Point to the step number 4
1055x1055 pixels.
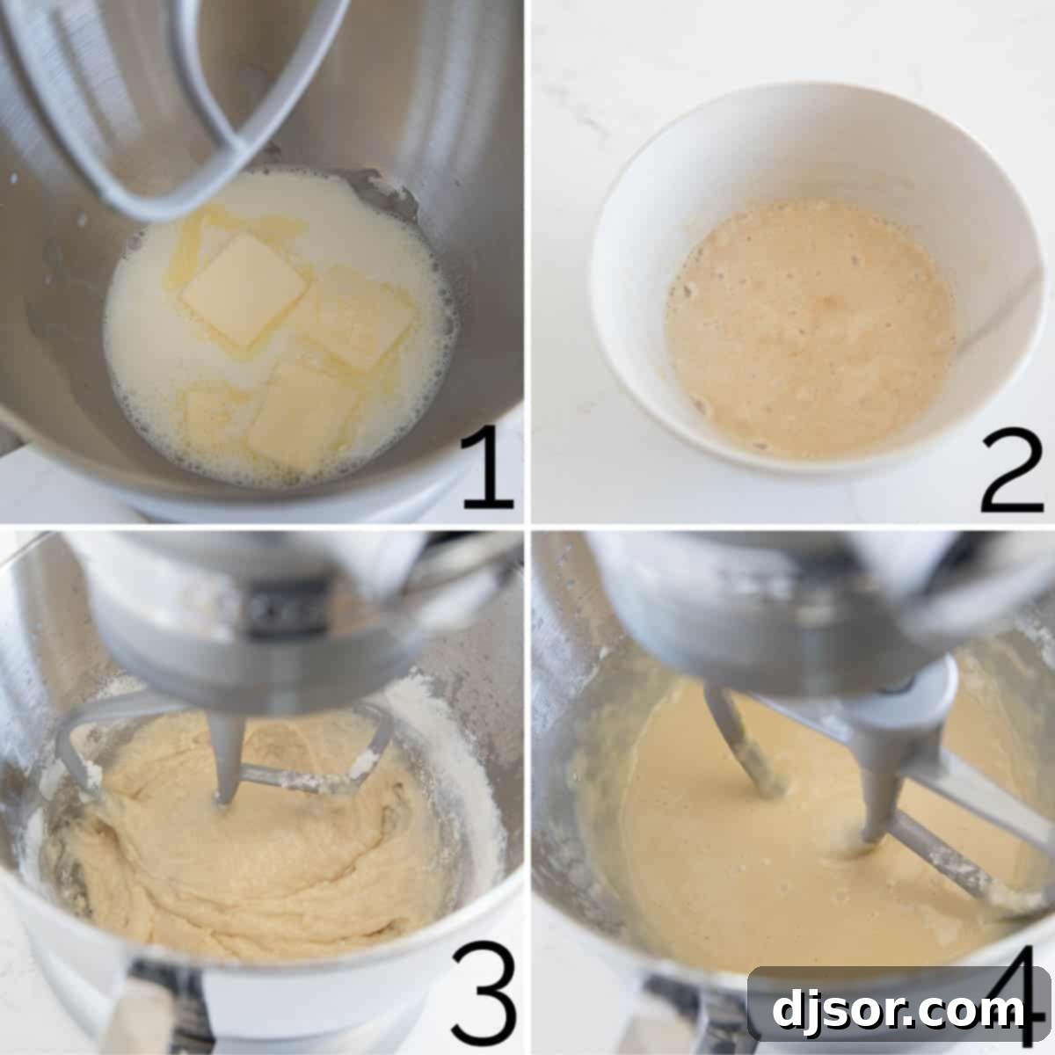pos(1011,993)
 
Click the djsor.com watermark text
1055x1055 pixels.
pos(897,1011)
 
